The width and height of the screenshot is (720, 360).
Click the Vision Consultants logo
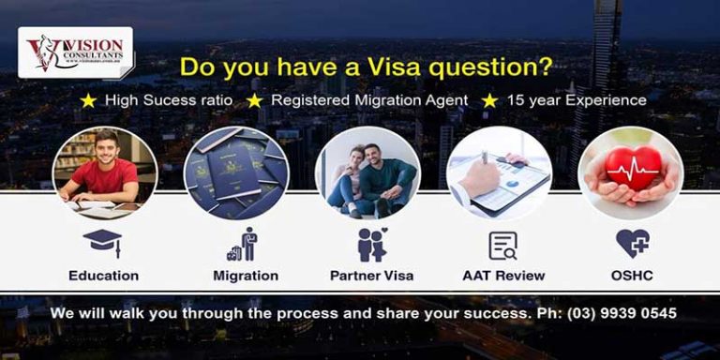pos(75,52)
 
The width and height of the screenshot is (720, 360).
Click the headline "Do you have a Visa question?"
pos(366,67)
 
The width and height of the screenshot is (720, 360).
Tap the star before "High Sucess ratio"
pos(87,99)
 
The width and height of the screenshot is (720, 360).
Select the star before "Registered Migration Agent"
pos(253,99)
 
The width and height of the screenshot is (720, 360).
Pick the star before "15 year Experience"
pos(488,99)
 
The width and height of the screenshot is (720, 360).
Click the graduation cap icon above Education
pos(102,243)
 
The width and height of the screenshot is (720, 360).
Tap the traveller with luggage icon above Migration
pos(242,245)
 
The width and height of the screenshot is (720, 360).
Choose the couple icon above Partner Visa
pos(371,244)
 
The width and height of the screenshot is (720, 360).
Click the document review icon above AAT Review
pos(502,245)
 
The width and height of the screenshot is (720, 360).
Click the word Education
pos(103,276)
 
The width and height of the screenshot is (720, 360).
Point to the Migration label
pos(245,276)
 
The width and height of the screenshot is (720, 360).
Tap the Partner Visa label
pos(371,276)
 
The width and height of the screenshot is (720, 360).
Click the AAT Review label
pos(502,276)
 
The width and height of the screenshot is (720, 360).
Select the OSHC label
pos(631,276)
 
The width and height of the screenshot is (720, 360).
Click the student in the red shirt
pos(104,172)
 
